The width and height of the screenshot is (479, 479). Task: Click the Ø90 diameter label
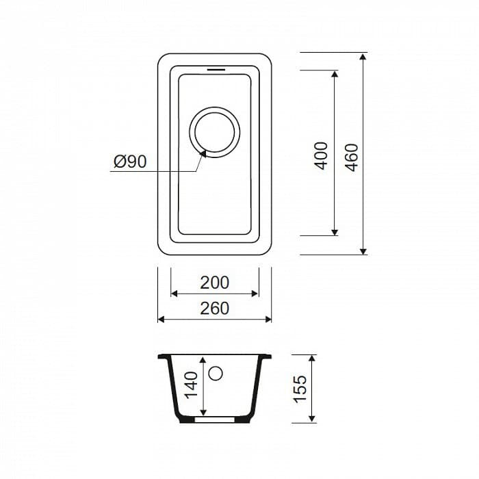point(130,161)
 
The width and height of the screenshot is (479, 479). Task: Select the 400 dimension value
point(321,156)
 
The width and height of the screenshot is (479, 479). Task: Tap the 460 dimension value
point(352,157)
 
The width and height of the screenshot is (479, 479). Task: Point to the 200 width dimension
point(214,283)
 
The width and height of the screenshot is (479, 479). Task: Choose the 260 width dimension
point(214,309)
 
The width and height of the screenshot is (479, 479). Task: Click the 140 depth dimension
point(192,385)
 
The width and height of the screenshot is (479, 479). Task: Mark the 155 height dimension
point(300,389)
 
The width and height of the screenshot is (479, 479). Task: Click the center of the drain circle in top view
point(214,132)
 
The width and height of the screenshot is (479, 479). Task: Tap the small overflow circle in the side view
point(216,374)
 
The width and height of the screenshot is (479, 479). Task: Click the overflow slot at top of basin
point(216,70)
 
